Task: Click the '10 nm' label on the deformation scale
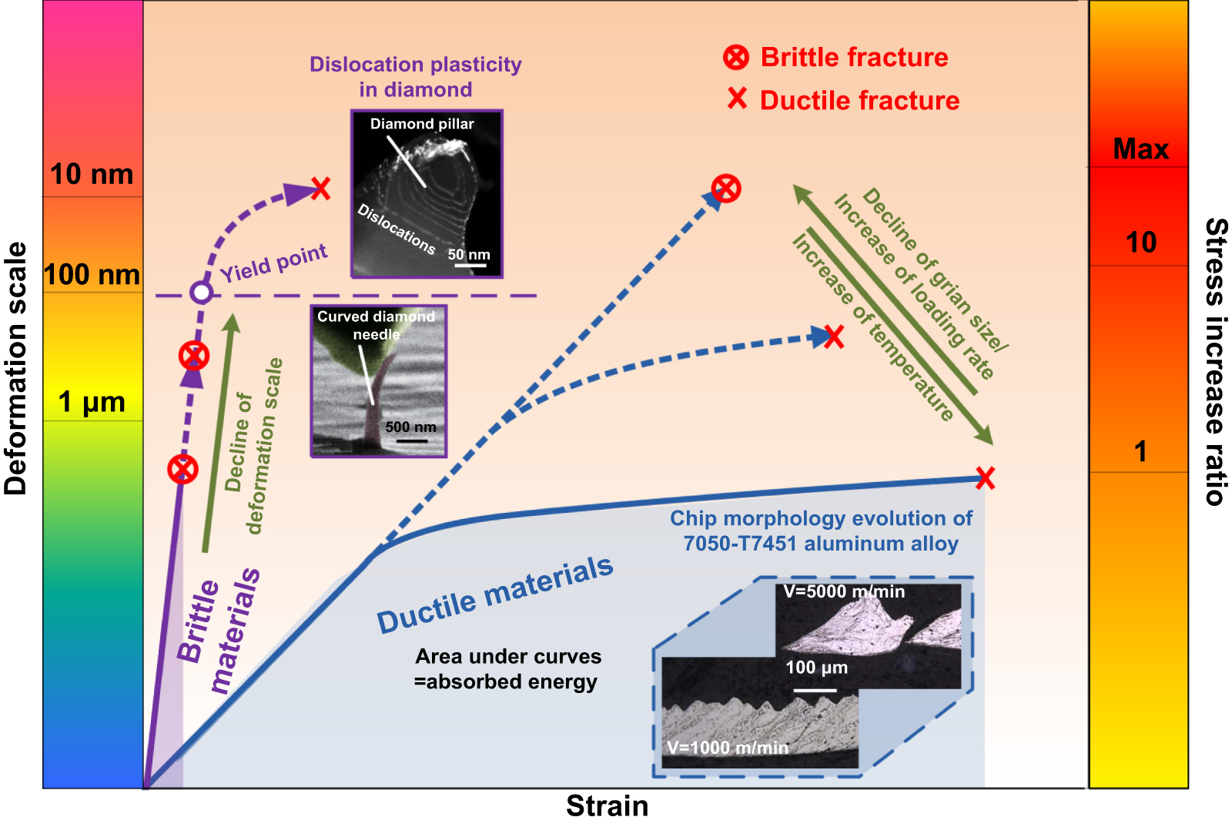[x=92, y=175]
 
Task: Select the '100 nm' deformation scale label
[x=92, y=275]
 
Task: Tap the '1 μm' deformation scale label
[x=92, y=402]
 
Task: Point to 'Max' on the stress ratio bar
[x=1140, y=149]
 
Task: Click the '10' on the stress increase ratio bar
[x=1140, y=243]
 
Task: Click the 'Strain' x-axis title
[x=607, y=806]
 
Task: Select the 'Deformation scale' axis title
[x=16, y=368]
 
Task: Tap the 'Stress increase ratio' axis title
[x=1215, y=361]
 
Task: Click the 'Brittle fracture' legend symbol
[x=736, y=57]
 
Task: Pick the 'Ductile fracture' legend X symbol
[x=737, y=99]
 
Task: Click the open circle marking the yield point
[x=201, y=293]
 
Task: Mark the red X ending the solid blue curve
[x=985, y=477]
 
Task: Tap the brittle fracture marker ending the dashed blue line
[x=726, y=188]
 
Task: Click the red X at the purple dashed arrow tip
[x=320, y=188]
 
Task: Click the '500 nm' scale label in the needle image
[x=410, y=427]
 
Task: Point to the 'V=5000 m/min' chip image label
[x=844, y=592]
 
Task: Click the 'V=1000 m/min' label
[x=728, y=748]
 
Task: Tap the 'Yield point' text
[x=273, y=263]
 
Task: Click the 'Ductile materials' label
[x=494, y=594]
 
